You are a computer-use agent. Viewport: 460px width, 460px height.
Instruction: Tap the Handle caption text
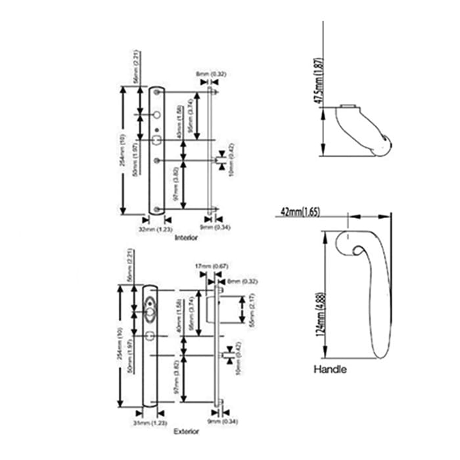click(x=330, y=370)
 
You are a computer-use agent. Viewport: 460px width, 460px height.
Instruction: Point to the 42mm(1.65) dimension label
click(x=300, y=212)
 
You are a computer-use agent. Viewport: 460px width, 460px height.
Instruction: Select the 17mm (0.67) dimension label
click(x=208, y=266)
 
